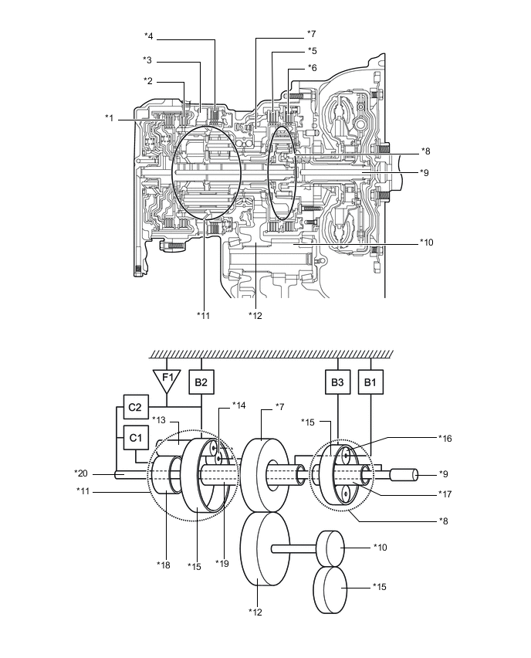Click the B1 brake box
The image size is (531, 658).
click(371, 382)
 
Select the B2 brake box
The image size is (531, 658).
click(201, 382)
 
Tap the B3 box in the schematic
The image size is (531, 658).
click(337, 382)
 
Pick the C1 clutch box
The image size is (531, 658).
click(136, 438)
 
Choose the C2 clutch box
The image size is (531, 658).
click(136, 405)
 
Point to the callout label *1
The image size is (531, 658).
click(110, 117)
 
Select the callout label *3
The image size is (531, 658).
click(147, 60)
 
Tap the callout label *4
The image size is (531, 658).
click(149, 36)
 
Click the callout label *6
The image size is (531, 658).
click(312, 67)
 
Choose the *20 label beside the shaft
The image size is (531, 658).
click(81, 473)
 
